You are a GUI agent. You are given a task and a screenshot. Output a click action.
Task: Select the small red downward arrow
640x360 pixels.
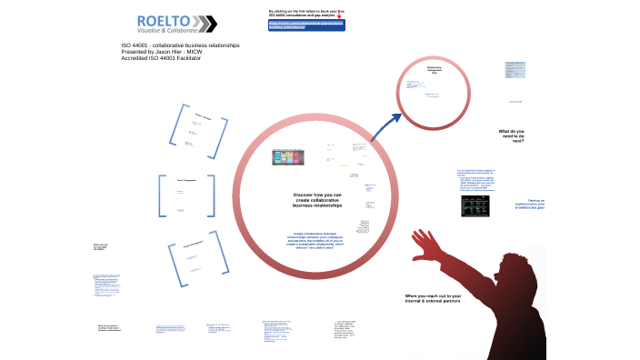point(339,15)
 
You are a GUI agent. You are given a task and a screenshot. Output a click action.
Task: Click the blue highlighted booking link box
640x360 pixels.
point(306,25)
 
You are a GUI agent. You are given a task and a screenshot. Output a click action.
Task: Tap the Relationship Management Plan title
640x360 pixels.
point(435,69)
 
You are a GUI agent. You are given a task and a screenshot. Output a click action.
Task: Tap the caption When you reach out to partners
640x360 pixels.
point(433,298)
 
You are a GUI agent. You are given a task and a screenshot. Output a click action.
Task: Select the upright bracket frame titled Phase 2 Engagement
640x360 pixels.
point(189,195)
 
